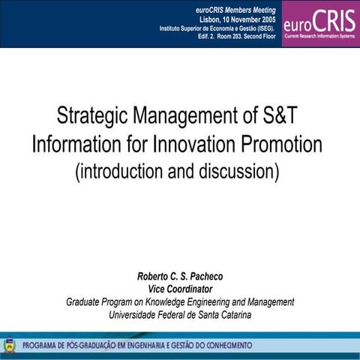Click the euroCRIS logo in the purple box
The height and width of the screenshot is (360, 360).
[x=320, y=22]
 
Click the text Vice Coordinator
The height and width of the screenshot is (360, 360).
[x=181, y=289]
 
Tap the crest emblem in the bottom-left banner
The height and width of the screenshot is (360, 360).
[x=8, y=345]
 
